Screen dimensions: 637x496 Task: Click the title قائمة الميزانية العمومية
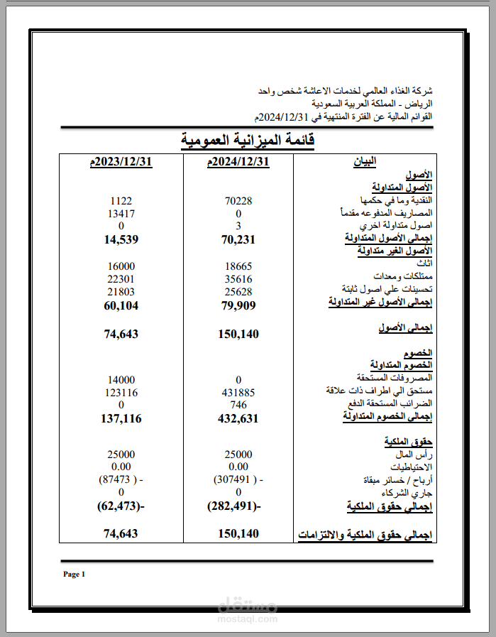[247, 140]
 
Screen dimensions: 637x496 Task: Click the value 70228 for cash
[238, 201]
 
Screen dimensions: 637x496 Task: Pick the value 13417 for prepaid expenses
[121, 213]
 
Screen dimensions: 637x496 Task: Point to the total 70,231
[238, 239]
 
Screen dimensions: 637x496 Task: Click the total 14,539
[121, 239]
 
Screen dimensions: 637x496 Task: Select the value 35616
[238, 278]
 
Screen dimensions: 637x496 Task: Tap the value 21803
[121, 291]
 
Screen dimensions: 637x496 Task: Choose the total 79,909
[238, 305]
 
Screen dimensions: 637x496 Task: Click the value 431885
[238, 392]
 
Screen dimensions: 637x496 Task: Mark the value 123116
[121, 392]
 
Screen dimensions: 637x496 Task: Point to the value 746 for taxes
[238, 405]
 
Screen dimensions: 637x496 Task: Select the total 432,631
[238, 419]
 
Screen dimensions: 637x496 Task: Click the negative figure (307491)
[237, 479]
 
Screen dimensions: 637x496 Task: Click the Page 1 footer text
[74, 574]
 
